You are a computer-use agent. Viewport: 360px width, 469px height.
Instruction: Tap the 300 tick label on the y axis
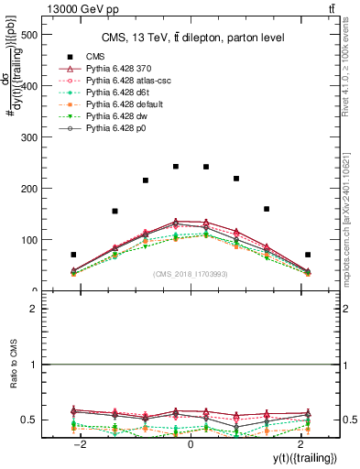26,137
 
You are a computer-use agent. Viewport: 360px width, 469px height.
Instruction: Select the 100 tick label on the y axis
26,240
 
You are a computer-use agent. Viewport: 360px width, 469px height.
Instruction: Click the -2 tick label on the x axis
81,443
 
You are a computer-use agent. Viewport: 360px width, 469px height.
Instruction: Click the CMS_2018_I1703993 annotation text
190,274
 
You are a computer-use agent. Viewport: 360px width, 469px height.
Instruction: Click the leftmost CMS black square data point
73,255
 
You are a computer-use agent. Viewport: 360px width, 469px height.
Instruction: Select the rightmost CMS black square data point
308,255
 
